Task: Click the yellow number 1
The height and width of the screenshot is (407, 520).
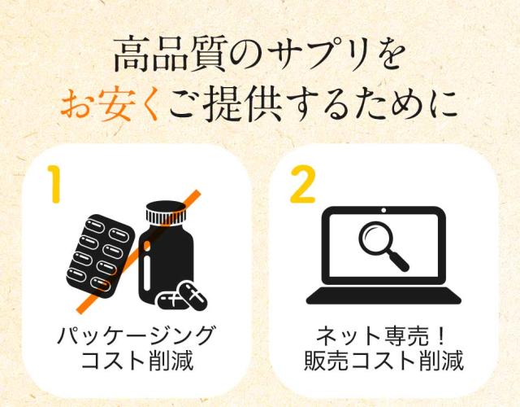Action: (x=54, y=184)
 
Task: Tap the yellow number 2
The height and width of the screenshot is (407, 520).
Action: (x=302, y=185)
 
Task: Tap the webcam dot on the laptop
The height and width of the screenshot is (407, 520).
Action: (x=383, y=210)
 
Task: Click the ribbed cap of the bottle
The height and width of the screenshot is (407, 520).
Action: (x=166, y=213)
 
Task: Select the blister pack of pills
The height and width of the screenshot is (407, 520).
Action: (x=100, y=255)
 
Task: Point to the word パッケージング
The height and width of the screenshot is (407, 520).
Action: (x=136, y=336)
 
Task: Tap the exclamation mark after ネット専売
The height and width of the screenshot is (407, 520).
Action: (x=440, y=336)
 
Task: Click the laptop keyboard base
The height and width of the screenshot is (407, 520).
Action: (x=383, y=296)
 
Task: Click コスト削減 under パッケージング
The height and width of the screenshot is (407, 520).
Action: (x=137, y=361)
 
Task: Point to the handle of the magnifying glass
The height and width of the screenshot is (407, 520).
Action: (x=399, y=260)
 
